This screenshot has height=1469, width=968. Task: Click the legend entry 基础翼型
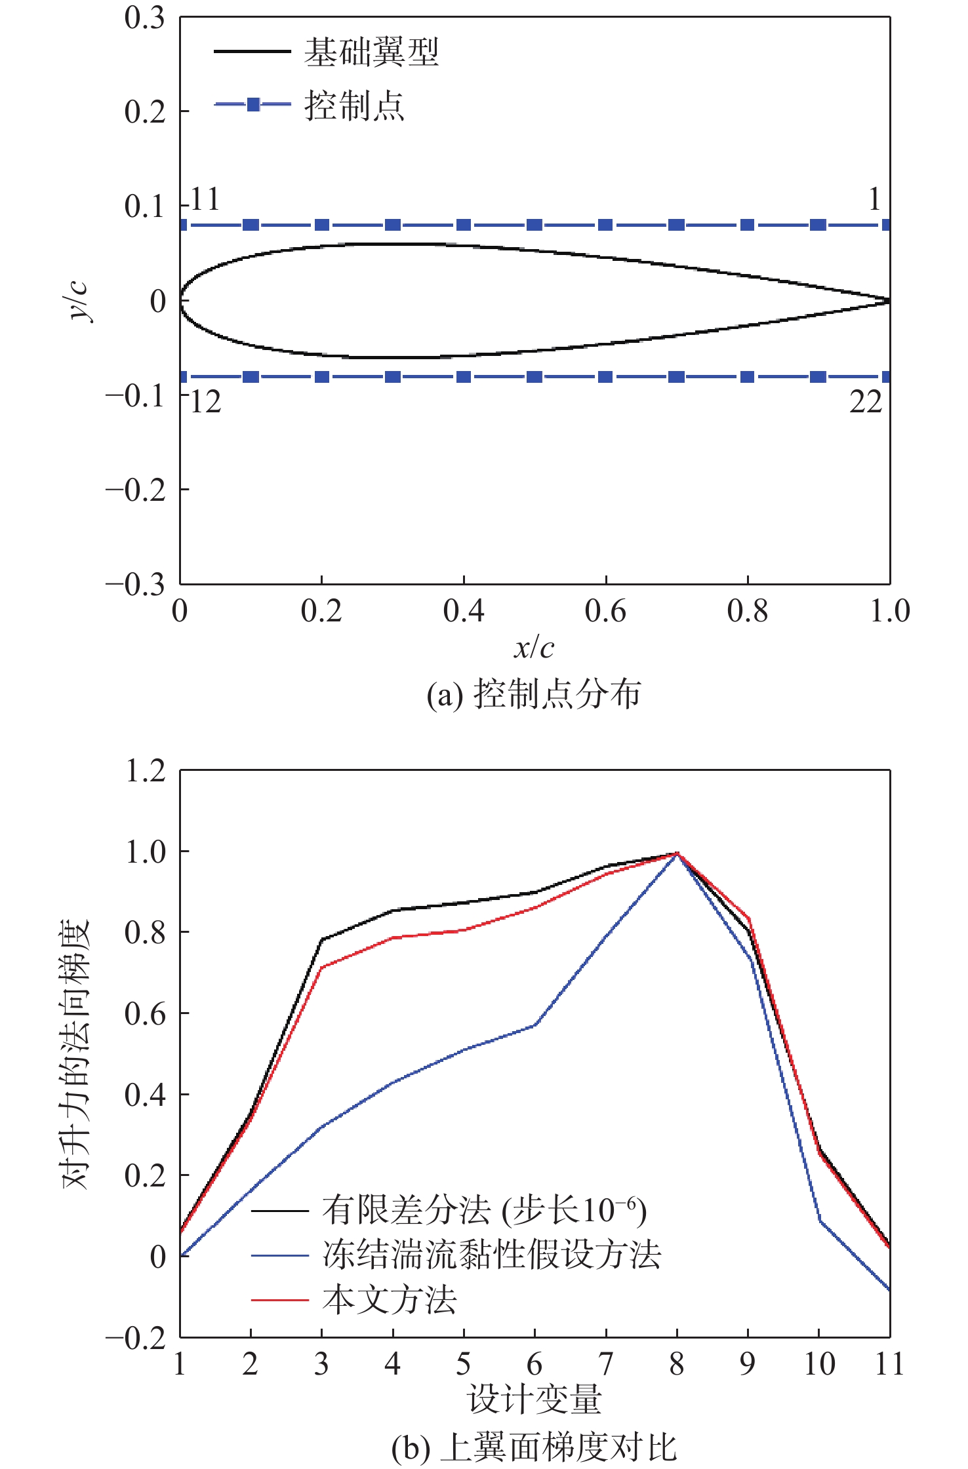(x=371, y=52)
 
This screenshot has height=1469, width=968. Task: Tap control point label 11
(x=205, y=199)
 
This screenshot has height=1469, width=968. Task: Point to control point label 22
(x=866, y=402)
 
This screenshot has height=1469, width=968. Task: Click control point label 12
(x=205, y=402)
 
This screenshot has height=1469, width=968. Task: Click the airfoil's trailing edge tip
(x=889, y=301)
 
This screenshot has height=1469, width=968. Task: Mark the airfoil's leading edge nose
(x=182, y=301)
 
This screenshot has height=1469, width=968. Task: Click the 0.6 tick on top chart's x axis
(x=605, y=611)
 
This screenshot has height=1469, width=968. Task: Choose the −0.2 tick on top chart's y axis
(x=136, y=490)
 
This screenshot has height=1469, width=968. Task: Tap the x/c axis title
(x=534, y=648)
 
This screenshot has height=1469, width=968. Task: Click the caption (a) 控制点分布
(x=534, y=694)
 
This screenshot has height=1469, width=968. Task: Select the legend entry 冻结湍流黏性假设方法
(x=491, y=1255)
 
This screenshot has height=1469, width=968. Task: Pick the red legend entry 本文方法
(x=389, y=1300)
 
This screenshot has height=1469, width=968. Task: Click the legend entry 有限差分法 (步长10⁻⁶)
(x=484, y=1210)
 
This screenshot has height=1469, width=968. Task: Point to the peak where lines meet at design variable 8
(x=677, y=853)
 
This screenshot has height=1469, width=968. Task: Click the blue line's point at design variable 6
(x=535, y=1025)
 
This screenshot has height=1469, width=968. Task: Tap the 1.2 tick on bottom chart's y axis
(x=145, y=771)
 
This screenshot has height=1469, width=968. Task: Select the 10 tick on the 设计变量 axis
(x=819, y=1364)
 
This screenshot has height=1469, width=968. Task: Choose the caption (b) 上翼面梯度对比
(x=534, y=1447)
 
